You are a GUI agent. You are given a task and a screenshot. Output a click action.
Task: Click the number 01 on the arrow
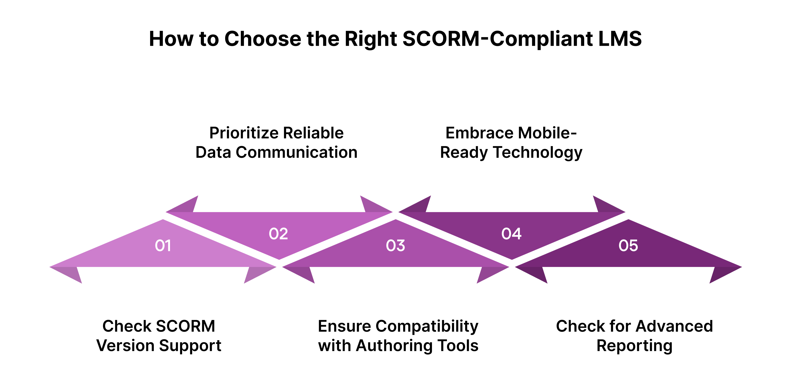(x=163, y=245)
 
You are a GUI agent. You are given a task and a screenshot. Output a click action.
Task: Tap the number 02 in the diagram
(x=278, y=234)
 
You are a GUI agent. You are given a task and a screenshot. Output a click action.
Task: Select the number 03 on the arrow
(x=395, y=245)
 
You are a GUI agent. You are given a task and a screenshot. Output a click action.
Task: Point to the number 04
(x=511, y=234)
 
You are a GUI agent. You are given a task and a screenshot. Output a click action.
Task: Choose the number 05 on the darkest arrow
(x=628, y=245)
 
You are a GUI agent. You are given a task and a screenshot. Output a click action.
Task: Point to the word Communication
(x=297, y=152)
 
